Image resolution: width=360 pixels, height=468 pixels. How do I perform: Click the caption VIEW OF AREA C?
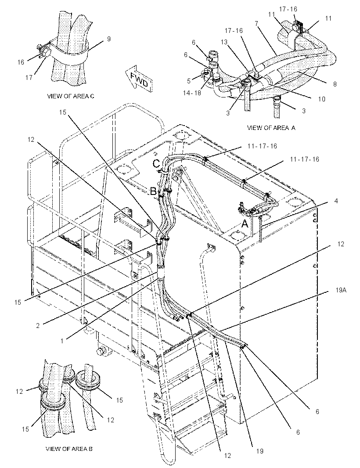[x=70, y=96]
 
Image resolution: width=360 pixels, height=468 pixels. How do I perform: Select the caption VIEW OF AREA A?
[x=271, y=128]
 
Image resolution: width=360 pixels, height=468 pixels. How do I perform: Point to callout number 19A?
[x=340, y=290]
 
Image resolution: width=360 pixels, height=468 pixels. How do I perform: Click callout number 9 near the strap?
[x=108, y=39]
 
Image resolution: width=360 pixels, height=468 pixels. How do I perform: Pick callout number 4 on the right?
[x=336, y=201]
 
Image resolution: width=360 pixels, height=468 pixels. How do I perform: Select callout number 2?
[x=38, y=326]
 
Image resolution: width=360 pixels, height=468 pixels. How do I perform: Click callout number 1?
[x=62, y=341]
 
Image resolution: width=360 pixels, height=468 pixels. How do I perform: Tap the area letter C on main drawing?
[x=157, y=164]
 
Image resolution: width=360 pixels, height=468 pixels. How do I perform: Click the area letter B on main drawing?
[x=153, y=191]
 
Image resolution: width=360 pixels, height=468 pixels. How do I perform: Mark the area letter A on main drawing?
[x=245, y=223]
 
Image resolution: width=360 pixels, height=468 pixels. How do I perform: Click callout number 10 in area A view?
[x=321, y=99]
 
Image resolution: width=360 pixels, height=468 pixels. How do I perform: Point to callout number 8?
[x=335, y=84]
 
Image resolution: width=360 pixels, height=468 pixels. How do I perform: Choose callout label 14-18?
[x=192, y=93]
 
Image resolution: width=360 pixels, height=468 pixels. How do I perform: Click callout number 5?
[x=189, y=81]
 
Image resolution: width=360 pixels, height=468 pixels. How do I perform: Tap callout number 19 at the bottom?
[x=260, y=451]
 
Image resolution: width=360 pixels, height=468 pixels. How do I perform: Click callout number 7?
[x=256, y=23]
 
